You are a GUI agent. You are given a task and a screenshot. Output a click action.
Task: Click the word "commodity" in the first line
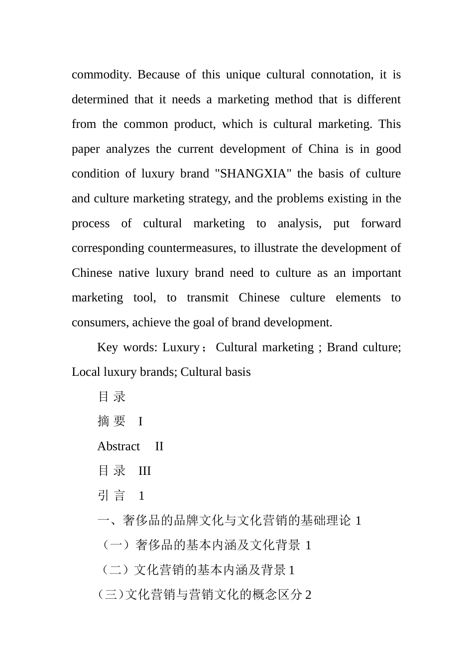[101, 75]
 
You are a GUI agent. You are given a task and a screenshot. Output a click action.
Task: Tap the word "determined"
[100, 100]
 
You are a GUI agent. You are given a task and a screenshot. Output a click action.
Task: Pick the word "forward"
[380, 223]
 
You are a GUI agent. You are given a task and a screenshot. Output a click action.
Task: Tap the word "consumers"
[100, 323]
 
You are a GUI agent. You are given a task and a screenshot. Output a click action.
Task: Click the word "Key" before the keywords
[107, 347]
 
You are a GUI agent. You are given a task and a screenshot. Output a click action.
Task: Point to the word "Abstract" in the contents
[118, 446]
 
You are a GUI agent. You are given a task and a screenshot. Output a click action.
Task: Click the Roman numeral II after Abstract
[159, 446]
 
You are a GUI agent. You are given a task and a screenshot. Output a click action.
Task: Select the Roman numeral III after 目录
[144, 471]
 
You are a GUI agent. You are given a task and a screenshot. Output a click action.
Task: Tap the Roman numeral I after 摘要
[140, 422]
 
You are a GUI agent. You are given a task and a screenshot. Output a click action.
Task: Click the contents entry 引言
[112, 496]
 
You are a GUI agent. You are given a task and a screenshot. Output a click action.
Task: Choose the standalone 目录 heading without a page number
[112, 397]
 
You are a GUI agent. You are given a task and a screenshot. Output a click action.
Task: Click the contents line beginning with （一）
[204, 546]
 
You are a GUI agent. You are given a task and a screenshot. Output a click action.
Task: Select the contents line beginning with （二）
[196, 570]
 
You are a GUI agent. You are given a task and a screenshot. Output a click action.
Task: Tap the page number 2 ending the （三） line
[308, 595]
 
